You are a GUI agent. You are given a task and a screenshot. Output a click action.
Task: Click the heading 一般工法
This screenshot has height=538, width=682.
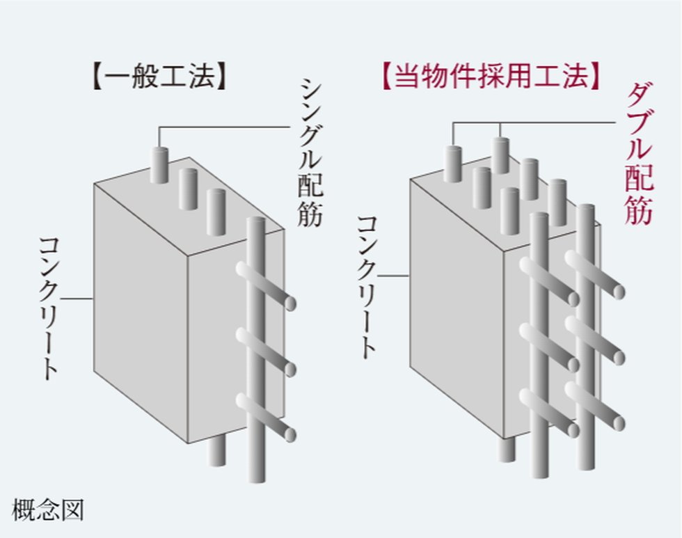(x=159, y=78)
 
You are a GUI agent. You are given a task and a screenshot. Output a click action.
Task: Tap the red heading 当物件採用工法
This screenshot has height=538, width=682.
(x=491, y=77)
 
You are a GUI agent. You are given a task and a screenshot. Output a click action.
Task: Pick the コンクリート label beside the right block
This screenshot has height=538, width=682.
(x=367, y=286)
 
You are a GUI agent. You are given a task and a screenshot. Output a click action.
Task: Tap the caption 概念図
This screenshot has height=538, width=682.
(x=47, y=510)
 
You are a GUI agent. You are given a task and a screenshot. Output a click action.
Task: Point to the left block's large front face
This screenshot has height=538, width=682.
(x=139, y=313)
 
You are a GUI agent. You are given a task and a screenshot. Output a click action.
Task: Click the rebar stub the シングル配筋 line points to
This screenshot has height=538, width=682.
(x=159, y=165)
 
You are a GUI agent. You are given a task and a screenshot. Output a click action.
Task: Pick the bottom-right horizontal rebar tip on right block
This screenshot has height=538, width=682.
(x=618, y=422)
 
